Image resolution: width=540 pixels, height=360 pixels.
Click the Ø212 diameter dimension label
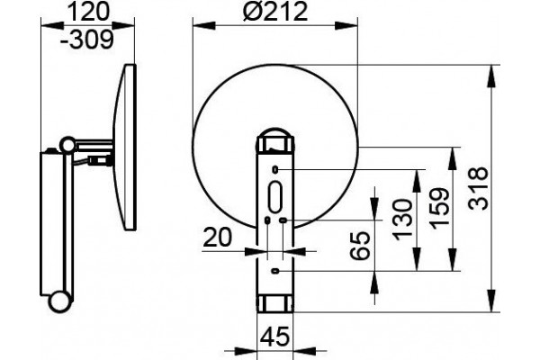[274, 12]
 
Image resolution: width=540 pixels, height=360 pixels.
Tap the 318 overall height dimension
[479, 188]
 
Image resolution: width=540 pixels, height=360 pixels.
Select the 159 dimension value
[440, 209]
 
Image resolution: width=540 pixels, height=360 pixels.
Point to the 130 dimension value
[402, 220]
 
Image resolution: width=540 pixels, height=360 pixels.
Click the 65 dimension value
[360, 246]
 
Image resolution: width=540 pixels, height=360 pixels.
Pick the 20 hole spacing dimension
[217, 238]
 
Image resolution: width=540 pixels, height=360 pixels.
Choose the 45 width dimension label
[275, 337]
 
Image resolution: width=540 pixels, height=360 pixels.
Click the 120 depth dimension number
[89, 12]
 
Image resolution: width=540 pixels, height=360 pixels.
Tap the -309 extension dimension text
[86, 40]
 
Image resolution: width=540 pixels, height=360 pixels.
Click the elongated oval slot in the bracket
[275, 197]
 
